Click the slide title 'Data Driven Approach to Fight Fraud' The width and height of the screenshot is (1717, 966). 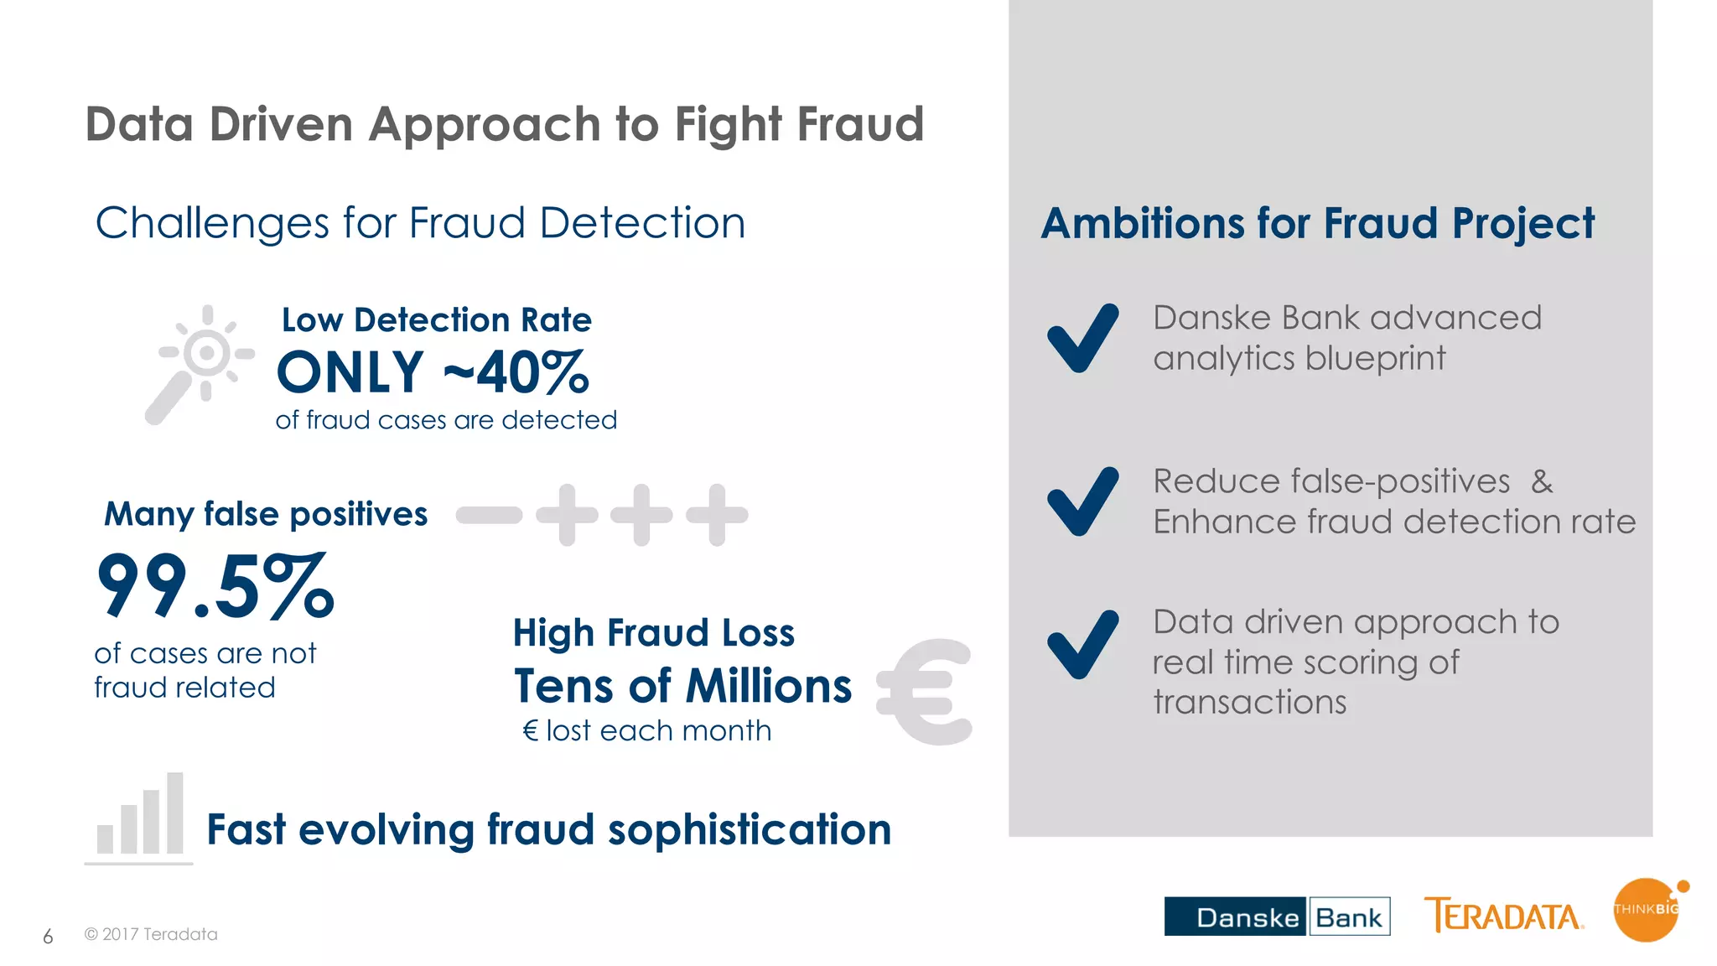pyautogui.click(x=505, y=125)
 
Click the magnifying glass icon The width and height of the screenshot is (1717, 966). pyautogui.click(x=198, y=362)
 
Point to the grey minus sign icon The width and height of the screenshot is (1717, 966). pyautogui.click(x=489, y=515)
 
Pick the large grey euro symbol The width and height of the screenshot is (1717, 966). pyautogui.click(x=925, y=692)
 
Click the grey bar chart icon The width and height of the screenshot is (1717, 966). pyautogui.click(x=140, y=817)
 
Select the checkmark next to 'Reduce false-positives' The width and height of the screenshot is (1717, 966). pyautogui.click(x=1082, y=501)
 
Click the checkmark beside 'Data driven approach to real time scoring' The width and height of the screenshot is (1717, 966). pyautogui.click(x=1082, y=644)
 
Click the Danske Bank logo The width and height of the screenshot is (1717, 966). pyautogui.click(x=1277, y=917)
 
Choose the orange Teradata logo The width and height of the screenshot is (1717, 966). pyautogui.click(x=1503, y=916)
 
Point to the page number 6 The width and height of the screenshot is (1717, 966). pyautogui.click(x=48, y=937)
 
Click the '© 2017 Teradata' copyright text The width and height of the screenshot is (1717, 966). pyautogui.click(x=151, y=934)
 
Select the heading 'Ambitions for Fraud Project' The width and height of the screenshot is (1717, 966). pyautogui.click(x=1317, y=224)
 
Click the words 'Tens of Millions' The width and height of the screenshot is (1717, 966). pyautogui.click(x=682, y=686)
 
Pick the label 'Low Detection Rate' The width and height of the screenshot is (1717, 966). pyautogui.click(x=437, y=320)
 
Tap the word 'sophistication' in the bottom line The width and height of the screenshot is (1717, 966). pyautogui.click(x=749, y=830)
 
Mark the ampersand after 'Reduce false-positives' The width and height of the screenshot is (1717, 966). pyautogui.click(x=1542, y=482)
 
